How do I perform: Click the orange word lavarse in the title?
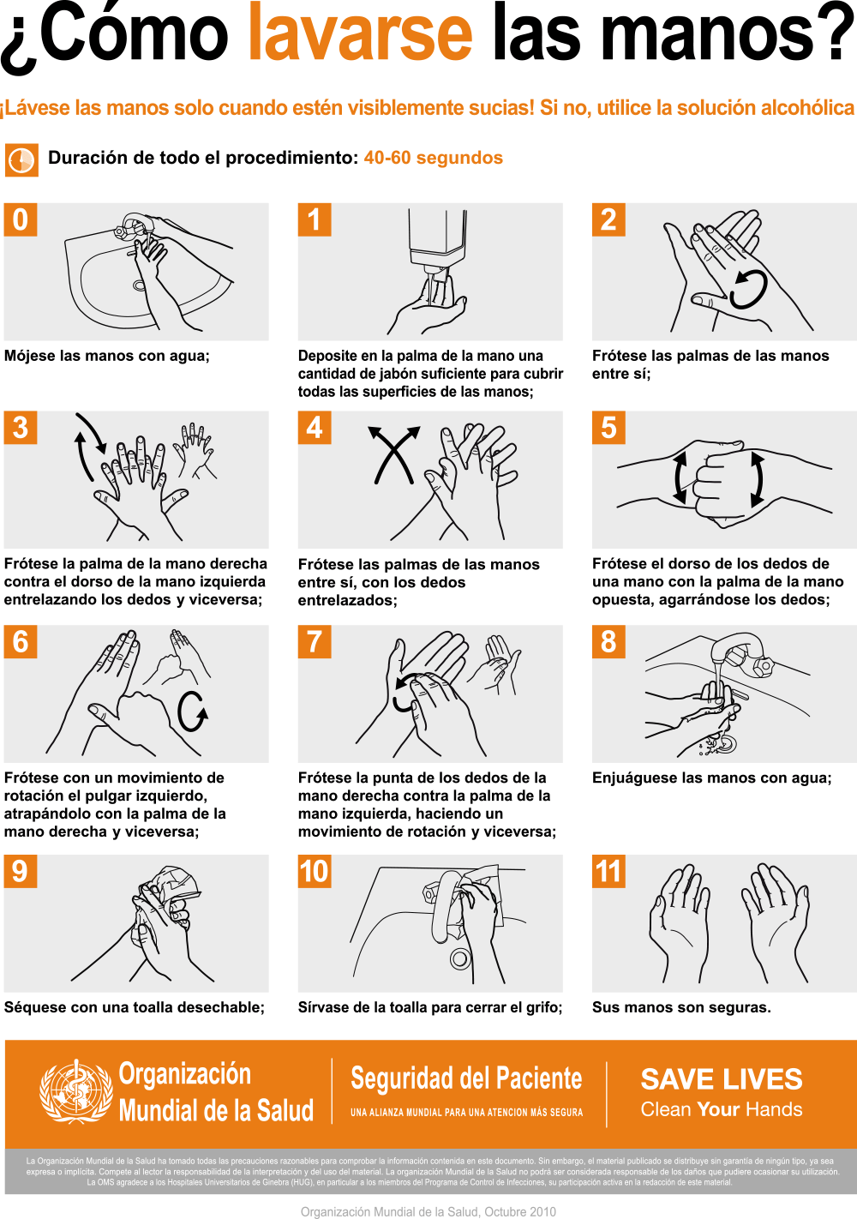pos(360,32)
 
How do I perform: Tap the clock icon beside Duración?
pos(21,160)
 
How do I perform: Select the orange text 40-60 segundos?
pos(433,158)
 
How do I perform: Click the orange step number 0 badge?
pos(20,219)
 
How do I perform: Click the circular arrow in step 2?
pos(749,290)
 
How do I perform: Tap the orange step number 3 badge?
pos(20,427)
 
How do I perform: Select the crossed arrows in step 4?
pos(394,454)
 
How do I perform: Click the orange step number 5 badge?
pos(608,427)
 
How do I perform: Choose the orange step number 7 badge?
pos(315,641)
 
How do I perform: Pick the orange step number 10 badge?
pos(315,871)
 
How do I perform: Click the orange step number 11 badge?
pos(608,871)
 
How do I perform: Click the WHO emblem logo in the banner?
pos(75,1091)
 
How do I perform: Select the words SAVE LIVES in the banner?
pos(722,1079)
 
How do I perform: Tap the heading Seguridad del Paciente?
pos(466,1078)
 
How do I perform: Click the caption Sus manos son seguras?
pos(681,1007)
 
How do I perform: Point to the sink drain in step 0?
pos(140,285)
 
